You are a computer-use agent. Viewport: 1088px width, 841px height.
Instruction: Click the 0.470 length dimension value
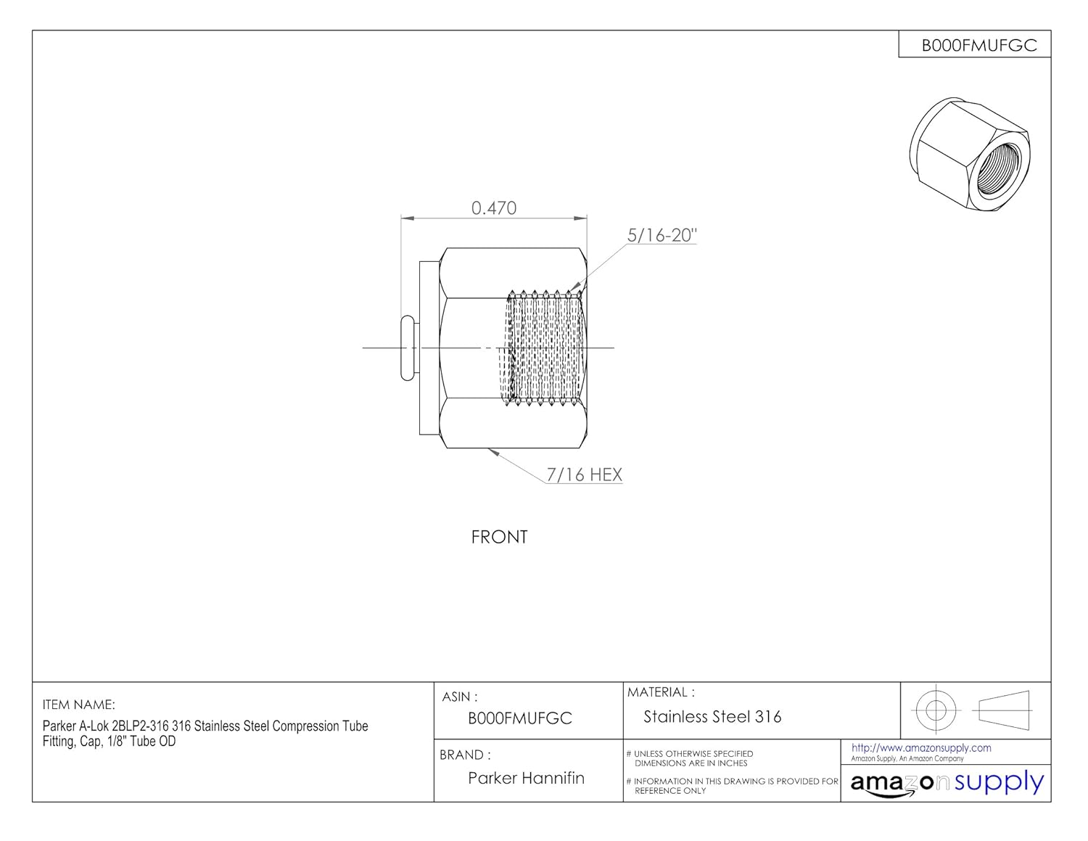[x=494, y=208]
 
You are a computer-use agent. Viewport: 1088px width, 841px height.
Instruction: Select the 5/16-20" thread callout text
[x=662, y=235]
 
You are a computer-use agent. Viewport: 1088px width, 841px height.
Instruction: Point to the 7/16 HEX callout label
[x=585, y=475]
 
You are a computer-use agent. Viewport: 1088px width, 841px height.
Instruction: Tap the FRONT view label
[x=499, y=537]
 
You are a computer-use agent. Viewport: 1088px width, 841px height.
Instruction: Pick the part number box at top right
[x=978, y=45]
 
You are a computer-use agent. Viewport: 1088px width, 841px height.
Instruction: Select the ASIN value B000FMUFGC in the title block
[x=520, y=718]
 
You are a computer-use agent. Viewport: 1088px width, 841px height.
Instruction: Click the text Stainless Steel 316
[x=712, y=717]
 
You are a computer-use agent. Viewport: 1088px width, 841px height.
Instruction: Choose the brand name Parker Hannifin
[x=526, y=778]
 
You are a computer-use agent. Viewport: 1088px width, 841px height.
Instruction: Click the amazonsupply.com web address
[x=921, y=747]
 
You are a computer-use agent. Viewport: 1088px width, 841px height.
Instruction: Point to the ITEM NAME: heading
[x=79, y=705]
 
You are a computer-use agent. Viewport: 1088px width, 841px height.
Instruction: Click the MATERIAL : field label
[x=661, y=692]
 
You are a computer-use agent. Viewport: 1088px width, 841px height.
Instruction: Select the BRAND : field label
[x=465, y=755]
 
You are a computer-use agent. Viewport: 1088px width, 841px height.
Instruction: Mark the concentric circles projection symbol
[x=936, y=709]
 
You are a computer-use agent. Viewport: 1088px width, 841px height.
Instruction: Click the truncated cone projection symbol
[x=1005, y=709]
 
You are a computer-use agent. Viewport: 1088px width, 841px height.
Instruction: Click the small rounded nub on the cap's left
[x=408, y=348]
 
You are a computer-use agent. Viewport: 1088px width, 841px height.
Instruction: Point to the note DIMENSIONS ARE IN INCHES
[x=691, y=763]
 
